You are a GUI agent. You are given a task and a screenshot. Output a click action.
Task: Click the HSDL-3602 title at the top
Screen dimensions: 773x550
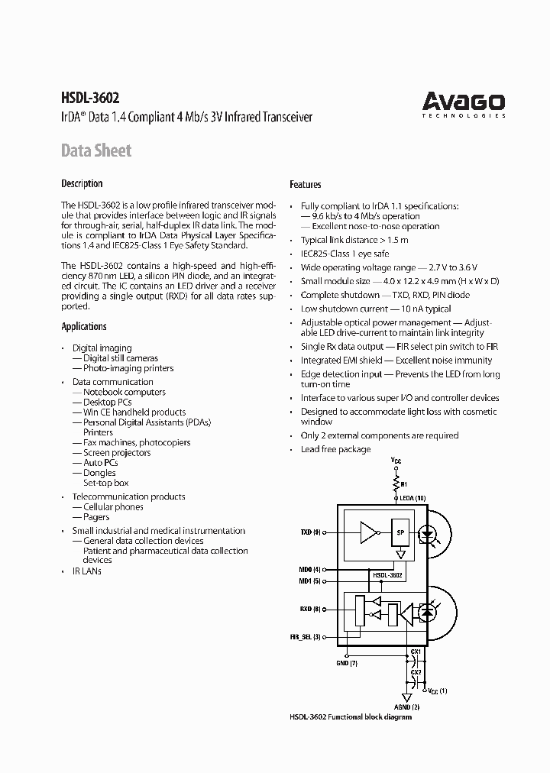click(90, 97)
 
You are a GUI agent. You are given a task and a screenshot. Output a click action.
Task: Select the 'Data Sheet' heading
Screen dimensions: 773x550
click(96, 150)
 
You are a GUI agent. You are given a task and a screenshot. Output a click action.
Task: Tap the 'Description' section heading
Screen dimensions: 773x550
click(82, 183)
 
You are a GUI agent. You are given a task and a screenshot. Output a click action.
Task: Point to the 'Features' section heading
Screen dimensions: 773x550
click(305, 184)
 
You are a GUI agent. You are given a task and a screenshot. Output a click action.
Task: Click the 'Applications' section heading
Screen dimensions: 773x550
click(84, 326)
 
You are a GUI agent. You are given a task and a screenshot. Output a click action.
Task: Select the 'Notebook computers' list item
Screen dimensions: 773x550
click(124, 392)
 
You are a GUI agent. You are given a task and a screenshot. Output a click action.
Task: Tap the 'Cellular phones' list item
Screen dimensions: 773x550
click(112, 506)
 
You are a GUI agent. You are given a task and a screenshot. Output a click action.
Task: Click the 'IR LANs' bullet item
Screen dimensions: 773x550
click(86, 571)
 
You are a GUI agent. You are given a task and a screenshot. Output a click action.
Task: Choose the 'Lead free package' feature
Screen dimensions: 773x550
click(335, 449)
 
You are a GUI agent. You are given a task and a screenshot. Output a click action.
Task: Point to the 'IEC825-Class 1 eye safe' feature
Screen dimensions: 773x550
click(345, 253)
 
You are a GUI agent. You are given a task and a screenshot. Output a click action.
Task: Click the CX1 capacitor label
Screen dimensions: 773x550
click(416, 652)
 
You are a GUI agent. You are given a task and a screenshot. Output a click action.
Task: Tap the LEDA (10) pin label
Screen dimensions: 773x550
click(412, 498)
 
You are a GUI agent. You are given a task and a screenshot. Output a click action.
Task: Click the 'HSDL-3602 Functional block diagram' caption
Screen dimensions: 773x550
click(351, 717)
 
